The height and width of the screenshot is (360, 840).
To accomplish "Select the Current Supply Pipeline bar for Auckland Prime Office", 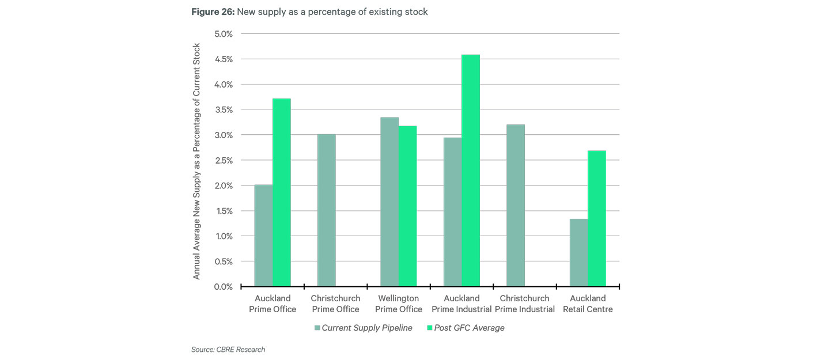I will (263, 236).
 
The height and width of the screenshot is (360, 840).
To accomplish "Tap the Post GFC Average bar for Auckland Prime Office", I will (282, 192).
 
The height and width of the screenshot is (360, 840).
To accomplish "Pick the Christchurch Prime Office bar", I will (327, 210).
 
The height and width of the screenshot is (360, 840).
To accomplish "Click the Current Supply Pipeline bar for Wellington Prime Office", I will (389, 202).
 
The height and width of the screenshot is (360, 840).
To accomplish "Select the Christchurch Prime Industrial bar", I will (516, 206).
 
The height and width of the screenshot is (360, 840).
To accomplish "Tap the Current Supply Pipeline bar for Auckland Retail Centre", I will (578, 253).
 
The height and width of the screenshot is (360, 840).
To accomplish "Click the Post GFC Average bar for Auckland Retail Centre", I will (597, 218).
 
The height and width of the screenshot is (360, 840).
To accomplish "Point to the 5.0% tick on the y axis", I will (222, 34).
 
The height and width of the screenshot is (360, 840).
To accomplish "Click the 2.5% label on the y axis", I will (222, 160).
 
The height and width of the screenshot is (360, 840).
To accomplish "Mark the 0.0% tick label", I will (222, 287).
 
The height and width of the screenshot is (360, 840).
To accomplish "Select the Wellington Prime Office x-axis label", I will (399, 304).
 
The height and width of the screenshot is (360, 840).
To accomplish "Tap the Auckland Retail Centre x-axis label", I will (588, 304).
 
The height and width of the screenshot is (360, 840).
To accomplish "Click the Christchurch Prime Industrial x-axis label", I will (524, 304).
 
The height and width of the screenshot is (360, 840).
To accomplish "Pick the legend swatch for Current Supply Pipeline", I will (317, 328).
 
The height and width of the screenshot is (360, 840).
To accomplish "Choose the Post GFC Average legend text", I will (469, 328).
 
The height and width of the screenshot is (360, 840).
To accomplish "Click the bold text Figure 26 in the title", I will (212, 12).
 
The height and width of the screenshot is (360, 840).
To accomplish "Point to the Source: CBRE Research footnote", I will (228, 350).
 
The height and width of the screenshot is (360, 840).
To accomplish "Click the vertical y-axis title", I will (196, 161).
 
